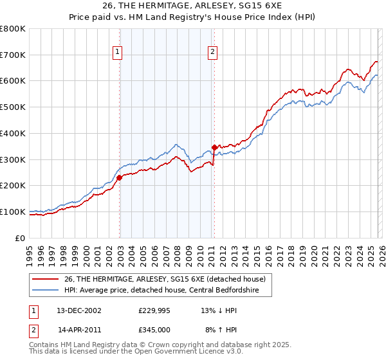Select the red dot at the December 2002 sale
point(120,177)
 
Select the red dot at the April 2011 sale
point(214,147)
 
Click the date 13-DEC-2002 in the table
point(80,310)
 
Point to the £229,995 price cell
point(154,310)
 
